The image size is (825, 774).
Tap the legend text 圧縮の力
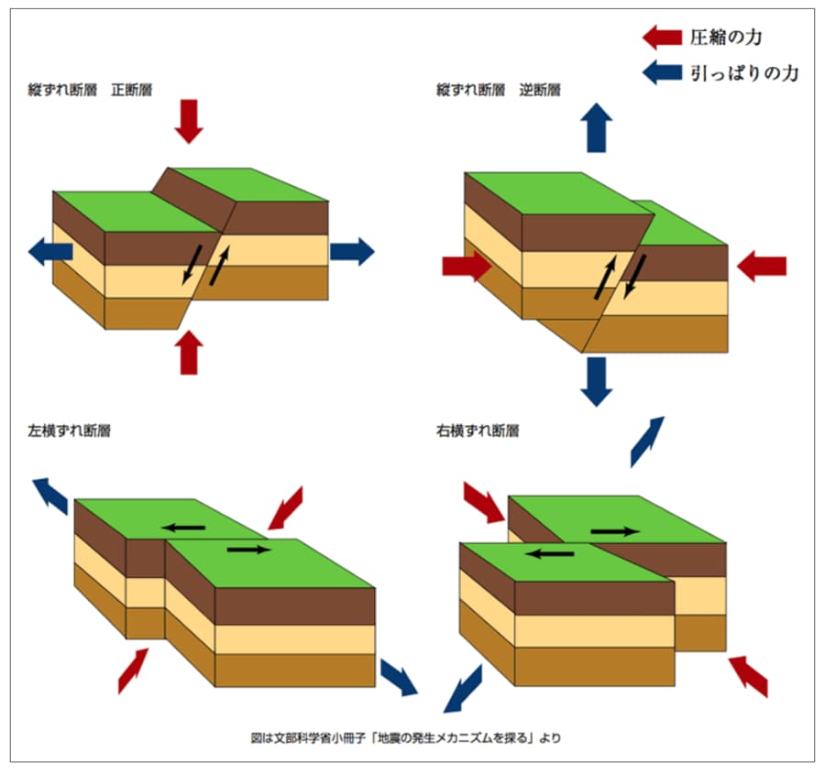(x=726, y=37)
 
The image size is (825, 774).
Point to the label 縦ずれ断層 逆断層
(x=499, y=91)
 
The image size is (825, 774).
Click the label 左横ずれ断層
(x=70, y=430)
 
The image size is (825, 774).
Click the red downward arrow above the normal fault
(x=188, y=120)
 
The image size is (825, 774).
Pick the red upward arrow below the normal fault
(x=189, y=352)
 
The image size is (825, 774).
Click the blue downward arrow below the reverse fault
(x=597, y=381)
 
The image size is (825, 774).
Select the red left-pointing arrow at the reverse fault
(x=762, y=267)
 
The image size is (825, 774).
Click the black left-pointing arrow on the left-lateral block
(x=184, y=526)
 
